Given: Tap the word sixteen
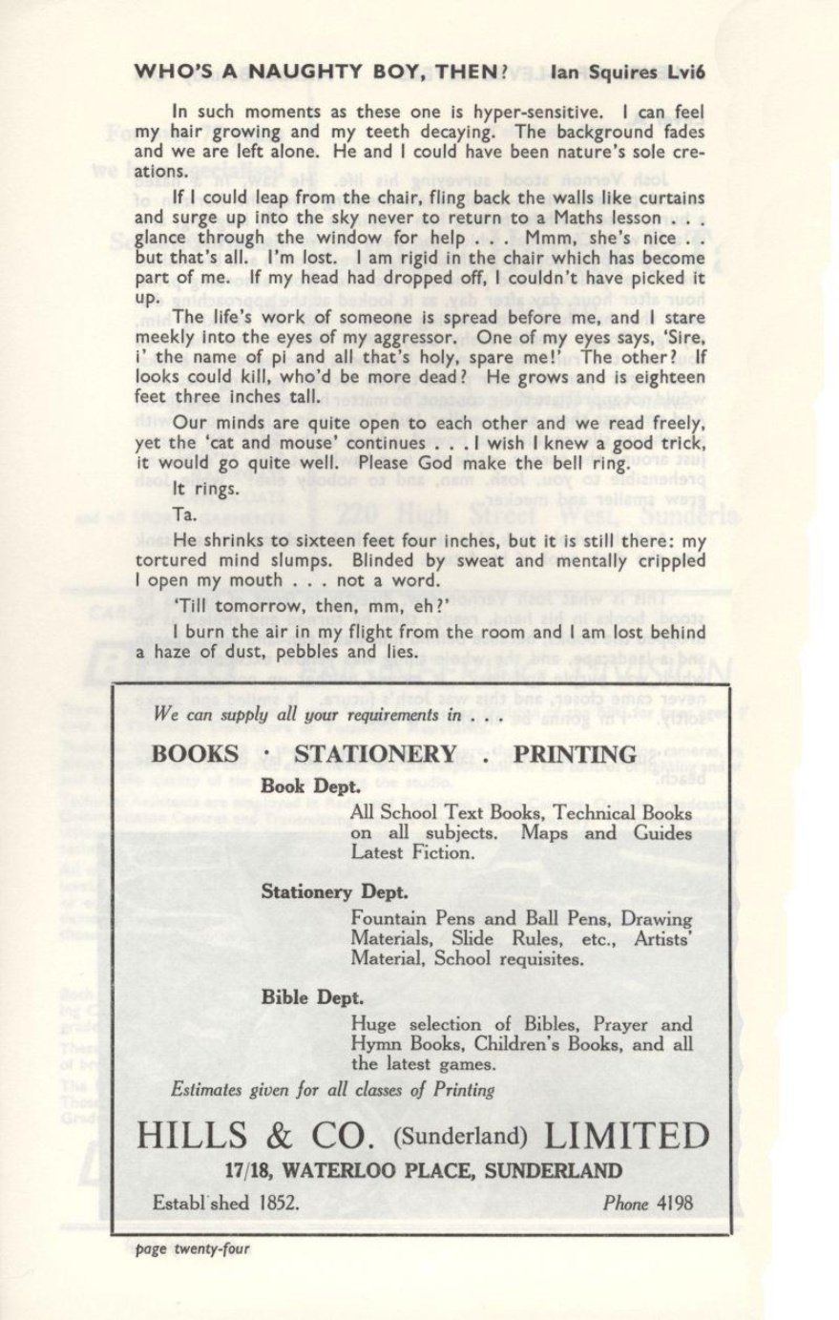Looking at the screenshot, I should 327,539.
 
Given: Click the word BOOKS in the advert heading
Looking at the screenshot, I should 196,754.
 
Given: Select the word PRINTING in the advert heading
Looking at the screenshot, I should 575,754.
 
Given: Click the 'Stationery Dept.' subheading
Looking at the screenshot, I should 335,892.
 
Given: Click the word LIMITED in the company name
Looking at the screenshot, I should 628,1136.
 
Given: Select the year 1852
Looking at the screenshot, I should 280,1203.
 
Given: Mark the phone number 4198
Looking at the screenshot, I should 673,1203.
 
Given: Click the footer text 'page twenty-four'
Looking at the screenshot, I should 192,1248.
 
